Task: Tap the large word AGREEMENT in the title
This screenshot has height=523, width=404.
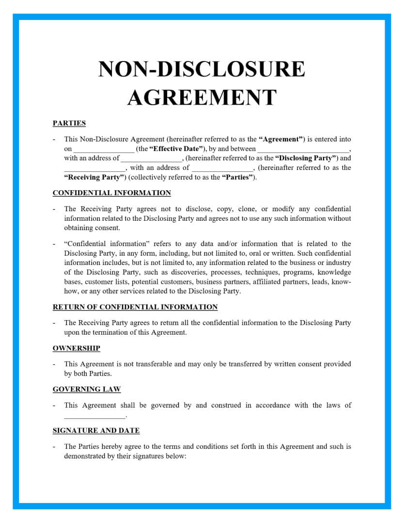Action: click(x=202, y=97)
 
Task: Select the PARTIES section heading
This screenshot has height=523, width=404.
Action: click(x=69, y=123)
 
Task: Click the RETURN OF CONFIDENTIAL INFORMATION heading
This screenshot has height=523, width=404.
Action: click(x=135, y=307)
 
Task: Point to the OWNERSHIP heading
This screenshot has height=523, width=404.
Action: click(x=77, y=348)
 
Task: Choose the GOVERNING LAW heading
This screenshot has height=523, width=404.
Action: click(x=87, y=389)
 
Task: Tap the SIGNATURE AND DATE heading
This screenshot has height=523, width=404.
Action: click(x=96, y=431)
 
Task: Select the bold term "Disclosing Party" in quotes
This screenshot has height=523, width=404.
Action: click(x=306, y=158)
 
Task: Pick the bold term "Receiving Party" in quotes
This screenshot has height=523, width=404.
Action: click(x=95, y=177)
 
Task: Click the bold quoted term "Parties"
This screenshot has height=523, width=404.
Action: click(x=238, y=177)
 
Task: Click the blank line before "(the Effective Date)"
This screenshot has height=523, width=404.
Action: click(x=104, y=150)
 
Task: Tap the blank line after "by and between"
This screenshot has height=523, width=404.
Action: click(x=303, y=150)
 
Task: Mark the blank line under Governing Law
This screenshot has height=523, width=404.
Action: click(x=94, y=416)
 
